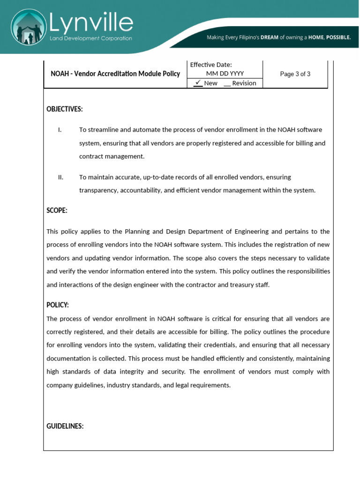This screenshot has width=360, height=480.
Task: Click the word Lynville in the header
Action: [91, 22]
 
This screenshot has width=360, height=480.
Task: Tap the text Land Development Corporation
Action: [91, 38]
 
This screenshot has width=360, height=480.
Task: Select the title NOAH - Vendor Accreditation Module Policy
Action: [115, 74]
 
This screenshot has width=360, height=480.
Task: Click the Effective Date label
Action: [211, 65]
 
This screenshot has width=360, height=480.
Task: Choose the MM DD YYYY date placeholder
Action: [225, 74]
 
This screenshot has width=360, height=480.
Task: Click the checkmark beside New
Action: [198, 82]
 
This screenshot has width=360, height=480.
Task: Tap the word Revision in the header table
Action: [244, 83]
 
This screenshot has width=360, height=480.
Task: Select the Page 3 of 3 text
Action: [295, 74]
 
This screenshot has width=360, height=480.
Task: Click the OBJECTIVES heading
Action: [65, 109]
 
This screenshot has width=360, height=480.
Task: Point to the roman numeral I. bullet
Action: [60, 130]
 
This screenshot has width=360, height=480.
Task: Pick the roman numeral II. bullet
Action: [61, 177]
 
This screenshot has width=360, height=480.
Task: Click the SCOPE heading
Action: [57, 211]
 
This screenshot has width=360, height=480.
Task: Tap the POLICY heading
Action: [58, 305]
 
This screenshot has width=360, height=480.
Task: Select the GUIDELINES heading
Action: [65, 426]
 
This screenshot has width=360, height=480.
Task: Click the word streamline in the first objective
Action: [102, 130]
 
